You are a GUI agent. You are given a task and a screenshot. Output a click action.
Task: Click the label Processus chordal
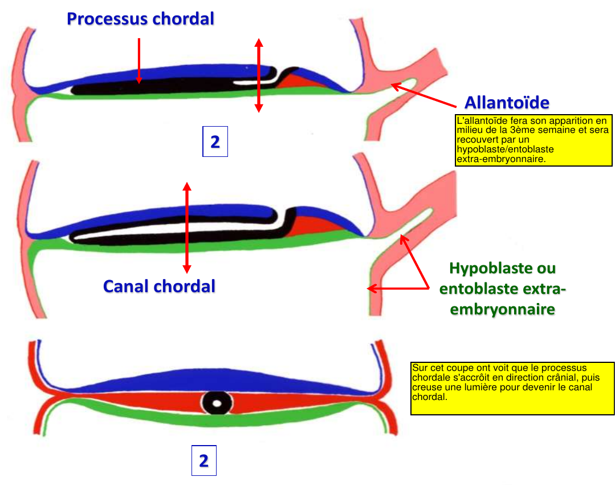(140, 19)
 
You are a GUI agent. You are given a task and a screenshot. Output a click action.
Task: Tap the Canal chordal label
(159, 286)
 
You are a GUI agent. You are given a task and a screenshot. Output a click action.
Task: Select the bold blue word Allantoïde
(507, 103)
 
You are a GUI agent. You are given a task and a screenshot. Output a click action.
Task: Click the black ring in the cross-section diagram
(217, 403)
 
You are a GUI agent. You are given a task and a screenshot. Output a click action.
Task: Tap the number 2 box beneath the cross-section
(203, 460)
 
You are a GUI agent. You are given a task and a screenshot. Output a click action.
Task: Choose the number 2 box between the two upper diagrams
(215, 142)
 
